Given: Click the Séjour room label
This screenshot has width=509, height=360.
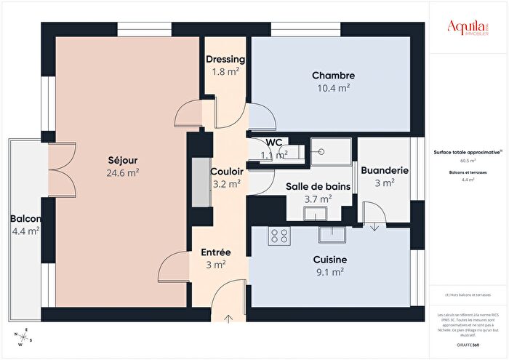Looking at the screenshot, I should (122, 160).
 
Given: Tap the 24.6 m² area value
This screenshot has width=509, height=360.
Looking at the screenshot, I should (122, 173).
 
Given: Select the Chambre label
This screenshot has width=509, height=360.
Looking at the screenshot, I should (333, 76).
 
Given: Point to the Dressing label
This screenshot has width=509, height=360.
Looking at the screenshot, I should (225, 60).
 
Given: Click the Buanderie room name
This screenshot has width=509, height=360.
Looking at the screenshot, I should (384, 170).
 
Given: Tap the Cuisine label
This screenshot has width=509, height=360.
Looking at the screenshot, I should (329, 260).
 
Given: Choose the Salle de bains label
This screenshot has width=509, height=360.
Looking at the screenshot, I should (318, 187).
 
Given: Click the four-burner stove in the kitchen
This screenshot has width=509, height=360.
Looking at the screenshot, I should (279, 236).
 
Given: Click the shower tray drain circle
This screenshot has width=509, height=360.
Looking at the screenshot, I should (320, 152).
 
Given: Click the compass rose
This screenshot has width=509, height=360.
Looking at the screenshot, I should (23, 338).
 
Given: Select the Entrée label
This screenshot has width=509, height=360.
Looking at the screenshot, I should (215, 252).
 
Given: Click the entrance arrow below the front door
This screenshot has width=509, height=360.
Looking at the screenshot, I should (230, 317).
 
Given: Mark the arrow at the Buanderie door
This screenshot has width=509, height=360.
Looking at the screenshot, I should (374, 226).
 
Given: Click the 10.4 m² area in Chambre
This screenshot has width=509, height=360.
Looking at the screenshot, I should (333, 87).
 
